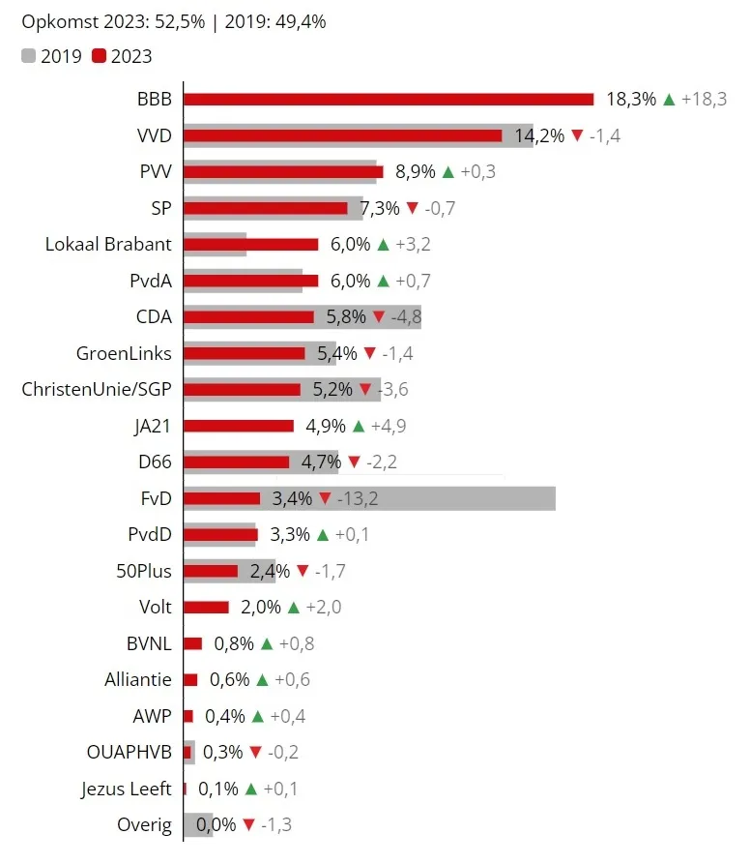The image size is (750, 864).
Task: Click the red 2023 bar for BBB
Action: (388, 99)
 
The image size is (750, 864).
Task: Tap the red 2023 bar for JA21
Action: (239, 426)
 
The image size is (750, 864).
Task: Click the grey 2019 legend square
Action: (28, 56)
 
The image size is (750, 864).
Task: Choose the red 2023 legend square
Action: (99, 56)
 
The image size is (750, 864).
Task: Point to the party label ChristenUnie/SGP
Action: (97, 389)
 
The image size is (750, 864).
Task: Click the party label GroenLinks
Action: (124, 353)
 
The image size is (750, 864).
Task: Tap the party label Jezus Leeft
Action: (127, 789)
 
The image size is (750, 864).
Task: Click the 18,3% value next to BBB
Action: (631, 99)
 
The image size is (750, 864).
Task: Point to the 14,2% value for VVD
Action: (539, 135)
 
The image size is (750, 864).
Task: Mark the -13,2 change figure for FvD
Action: (359, 498)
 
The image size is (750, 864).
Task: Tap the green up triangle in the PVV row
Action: (447, 172)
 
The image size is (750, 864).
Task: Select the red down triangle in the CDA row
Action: (379, 317)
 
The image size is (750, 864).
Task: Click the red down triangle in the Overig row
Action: (248, 825)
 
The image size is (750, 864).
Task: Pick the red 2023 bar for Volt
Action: (206, 608)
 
